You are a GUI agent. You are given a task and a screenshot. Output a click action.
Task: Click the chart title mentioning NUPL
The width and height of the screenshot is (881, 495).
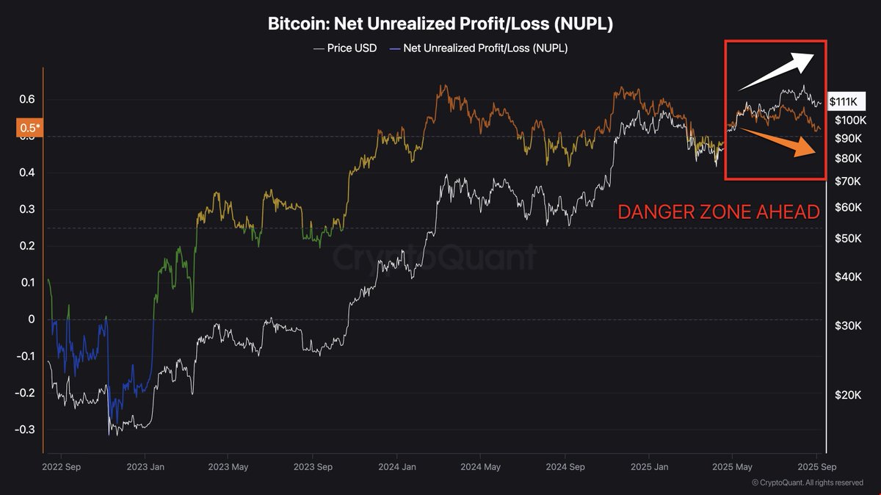click(x=440, y=24)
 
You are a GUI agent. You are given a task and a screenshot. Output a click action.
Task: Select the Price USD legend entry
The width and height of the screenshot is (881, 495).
click(x=344, y=48)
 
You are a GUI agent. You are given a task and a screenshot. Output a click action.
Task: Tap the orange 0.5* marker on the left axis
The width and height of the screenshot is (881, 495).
click(x=29, y=129)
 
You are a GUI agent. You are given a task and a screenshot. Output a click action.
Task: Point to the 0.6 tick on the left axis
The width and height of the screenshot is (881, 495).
click(x=26, y=99)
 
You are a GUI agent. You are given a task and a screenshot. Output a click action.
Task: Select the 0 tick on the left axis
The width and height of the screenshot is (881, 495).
click(x=31, y=319)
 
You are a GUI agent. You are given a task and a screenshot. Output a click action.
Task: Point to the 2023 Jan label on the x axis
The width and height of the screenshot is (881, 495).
click(x=145, y=466)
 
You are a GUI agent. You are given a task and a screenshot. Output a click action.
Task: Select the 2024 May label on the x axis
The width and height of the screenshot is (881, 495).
click(x=481, y=466)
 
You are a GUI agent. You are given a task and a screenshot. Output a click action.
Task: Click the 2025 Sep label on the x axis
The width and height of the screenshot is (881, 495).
click(x=816, y=466)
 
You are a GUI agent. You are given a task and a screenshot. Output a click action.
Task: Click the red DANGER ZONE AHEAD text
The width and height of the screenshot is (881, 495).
click(x=718, y=212)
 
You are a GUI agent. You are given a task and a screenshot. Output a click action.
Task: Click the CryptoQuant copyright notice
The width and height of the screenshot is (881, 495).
click(x=808, y=483)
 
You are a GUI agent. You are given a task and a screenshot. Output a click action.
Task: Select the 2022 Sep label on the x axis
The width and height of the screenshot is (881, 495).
click(x=62, y=466)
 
